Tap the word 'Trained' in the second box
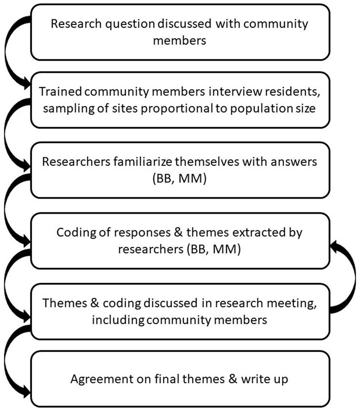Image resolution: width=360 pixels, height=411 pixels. pos(60,91)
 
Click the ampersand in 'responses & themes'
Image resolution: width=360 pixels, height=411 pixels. pos(178,233)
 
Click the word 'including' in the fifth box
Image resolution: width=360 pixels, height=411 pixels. pos(118,320)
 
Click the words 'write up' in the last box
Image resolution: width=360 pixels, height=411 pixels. pos(264,379)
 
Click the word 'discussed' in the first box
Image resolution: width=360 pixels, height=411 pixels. pos(184,24)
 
